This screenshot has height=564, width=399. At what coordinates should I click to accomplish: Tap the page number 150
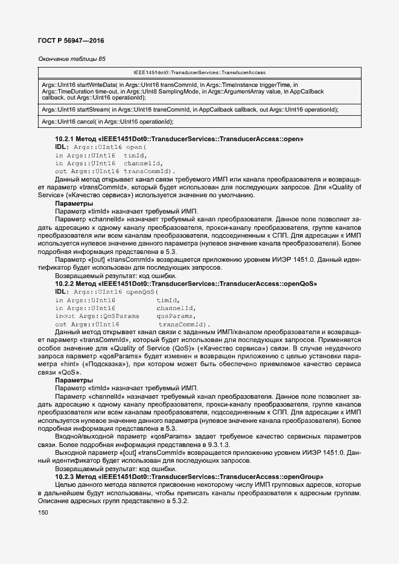point(43,513)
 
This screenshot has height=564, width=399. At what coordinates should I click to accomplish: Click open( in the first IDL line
point(136,147)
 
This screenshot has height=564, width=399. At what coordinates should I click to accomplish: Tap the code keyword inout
point(65,316)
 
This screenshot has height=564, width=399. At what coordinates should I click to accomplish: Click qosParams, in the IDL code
point(176,316)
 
